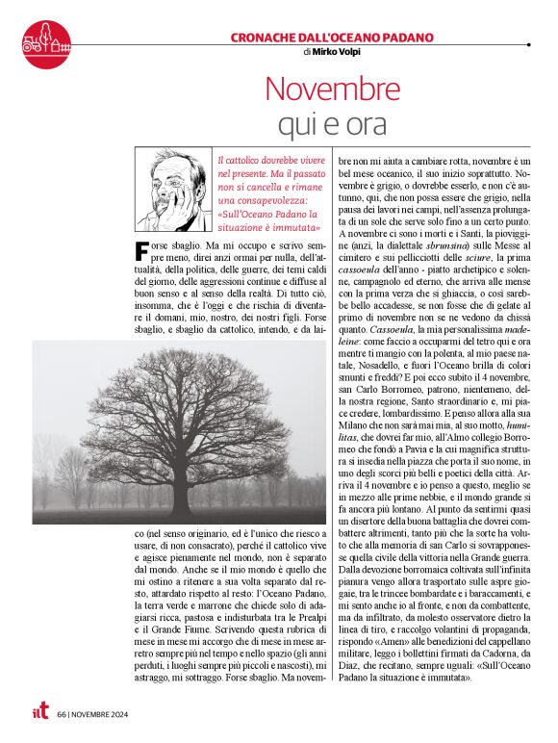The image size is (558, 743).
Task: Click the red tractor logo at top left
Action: point(46,38)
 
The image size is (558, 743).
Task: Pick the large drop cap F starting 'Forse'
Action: point(143,253)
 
